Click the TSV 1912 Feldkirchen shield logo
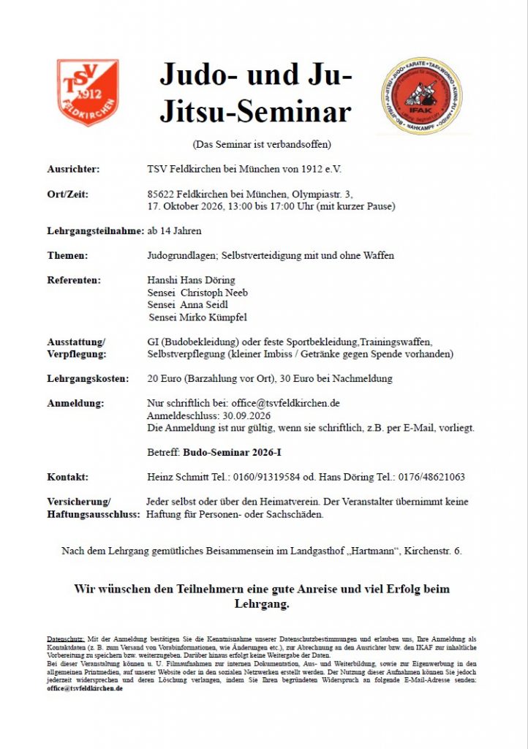point(88,92)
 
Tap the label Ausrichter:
point(74,169)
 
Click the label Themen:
point(67,255)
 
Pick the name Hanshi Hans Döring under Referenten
point(191,280)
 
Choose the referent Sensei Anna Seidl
point(189,305)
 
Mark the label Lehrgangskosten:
point(88,378)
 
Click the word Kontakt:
point(68,477)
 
